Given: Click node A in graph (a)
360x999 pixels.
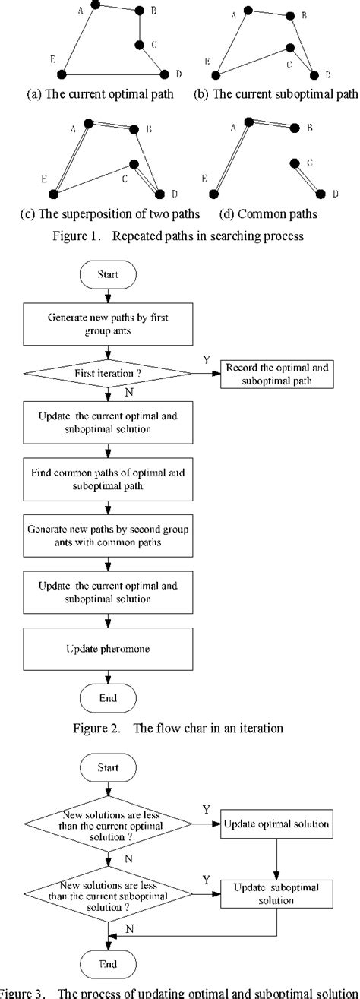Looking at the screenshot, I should pyautogui.click(x=94, y=5).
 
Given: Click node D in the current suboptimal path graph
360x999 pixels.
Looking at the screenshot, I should pyautogui.click(x=314, y=74).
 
